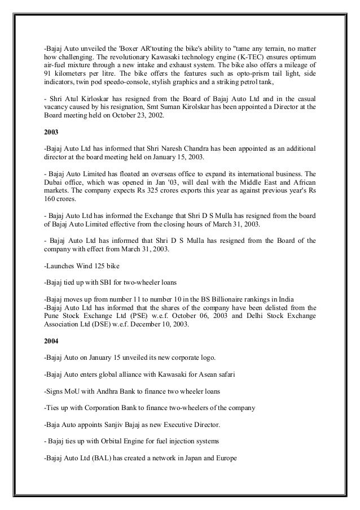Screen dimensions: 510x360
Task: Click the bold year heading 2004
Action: [51, 342]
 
